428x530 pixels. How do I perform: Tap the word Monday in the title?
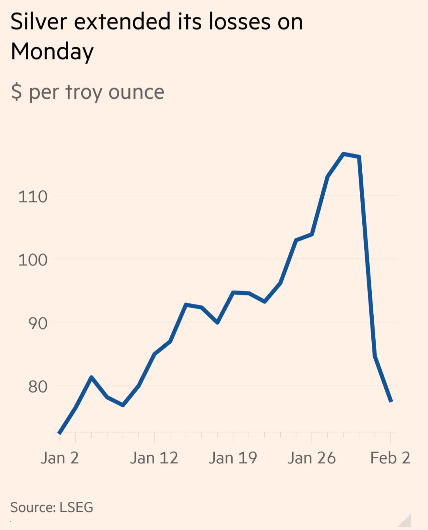(x=52, y=52)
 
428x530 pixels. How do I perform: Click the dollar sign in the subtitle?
(x=16, y=92)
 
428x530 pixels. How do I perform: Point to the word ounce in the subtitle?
(x=136, y=92)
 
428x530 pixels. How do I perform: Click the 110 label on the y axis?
(x=33, y=197)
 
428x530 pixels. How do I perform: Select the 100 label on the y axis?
(x=33, y=260)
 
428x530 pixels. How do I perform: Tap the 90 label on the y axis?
(x=38, y=323)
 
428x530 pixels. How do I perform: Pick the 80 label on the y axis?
(x=38, y=386)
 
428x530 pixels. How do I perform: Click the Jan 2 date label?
(x=59, y=458)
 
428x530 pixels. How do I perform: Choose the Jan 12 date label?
(x=154, y=458)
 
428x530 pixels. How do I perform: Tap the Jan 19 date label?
(x=233, y=458)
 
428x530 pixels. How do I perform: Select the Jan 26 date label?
(x=311, y=458)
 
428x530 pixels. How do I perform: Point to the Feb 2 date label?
(x=390, y=458)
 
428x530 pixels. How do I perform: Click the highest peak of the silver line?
(x=343, y=154)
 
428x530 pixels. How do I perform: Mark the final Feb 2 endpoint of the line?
(x=391, y=402)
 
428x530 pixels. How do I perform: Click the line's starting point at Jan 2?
(x=59, y=433)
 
